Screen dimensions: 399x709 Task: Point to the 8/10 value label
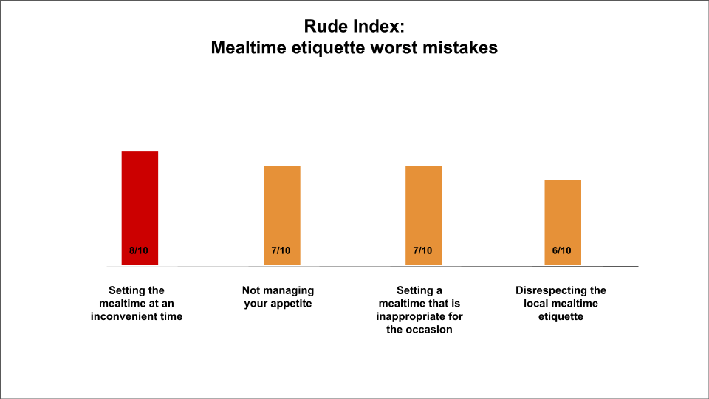139,251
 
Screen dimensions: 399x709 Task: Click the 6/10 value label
563,251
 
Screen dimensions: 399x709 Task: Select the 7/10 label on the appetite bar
281,251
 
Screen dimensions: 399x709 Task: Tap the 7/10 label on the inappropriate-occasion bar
423,251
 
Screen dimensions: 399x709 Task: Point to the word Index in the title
380,27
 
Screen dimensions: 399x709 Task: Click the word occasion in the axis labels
431,330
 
